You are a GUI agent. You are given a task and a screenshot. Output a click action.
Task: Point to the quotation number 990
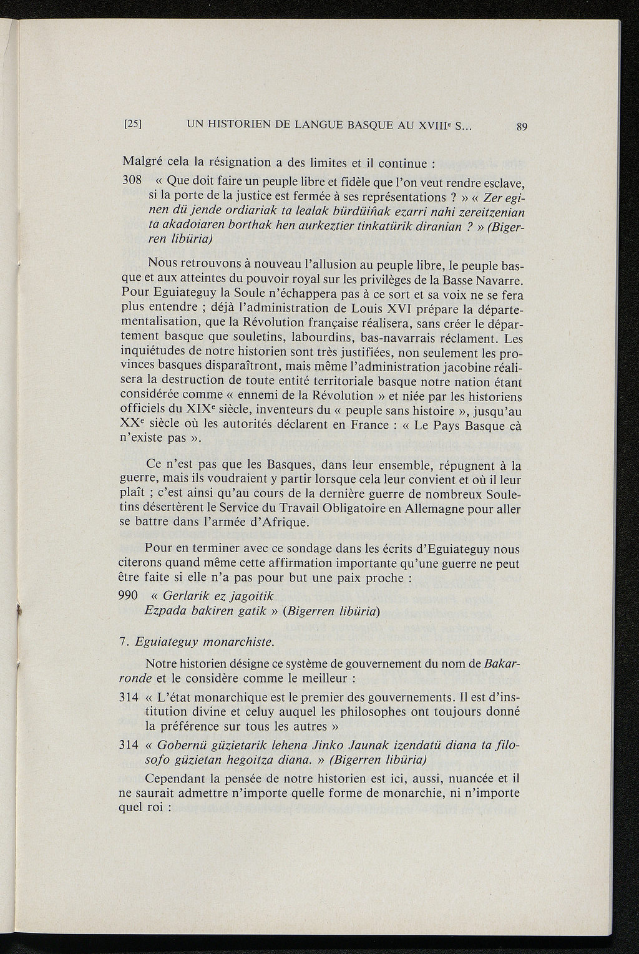[x=128, y=595]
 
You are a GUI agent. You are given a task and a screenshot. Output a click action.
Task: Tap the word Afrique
[x=285, y=522]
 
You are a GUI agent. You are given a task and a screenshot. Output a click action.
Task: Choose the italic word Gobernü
[x=182, y=745]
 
